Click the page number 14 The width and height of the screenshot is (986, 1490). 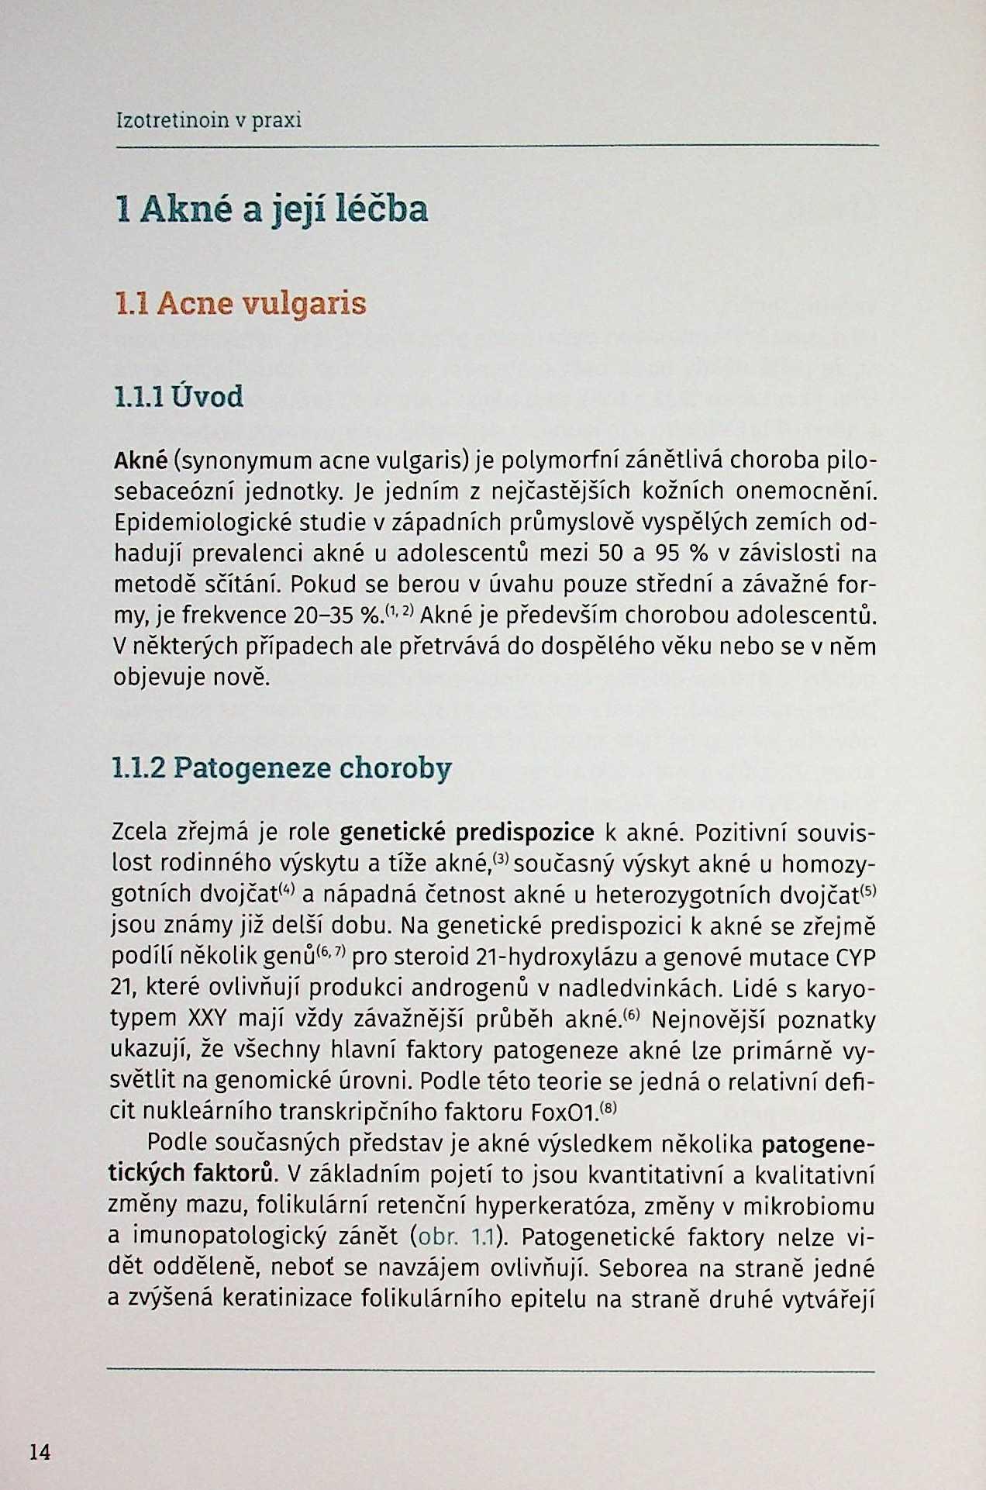tap(40, 1451)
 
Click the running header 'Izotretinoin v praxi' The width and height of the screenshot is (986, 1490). tap(208, 120)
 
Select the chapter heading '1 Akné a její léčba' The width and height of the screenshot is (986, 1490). tap(271, 209)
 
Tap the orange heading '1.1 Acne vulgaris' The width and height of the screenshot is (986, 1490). tap(240, 303)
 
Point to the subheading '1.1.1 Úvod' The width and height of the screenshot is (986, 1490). tap(178, 397)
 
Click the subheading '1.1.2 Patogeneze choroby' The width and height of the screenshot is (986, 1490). tap(281, 768)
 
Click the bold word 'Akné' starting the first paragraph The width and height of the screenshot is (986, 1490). tap(140, 460)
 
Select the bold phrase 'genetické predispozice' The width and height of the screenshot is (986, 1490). tap(467, 833)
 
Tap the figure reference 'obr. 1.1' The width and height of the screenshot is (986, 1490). tap(456, 1236)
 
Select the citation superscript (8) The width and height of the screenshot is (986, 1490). tap(609, 1108)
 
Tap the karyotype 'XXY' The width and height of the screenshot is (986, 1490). tap(206, 1019)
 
